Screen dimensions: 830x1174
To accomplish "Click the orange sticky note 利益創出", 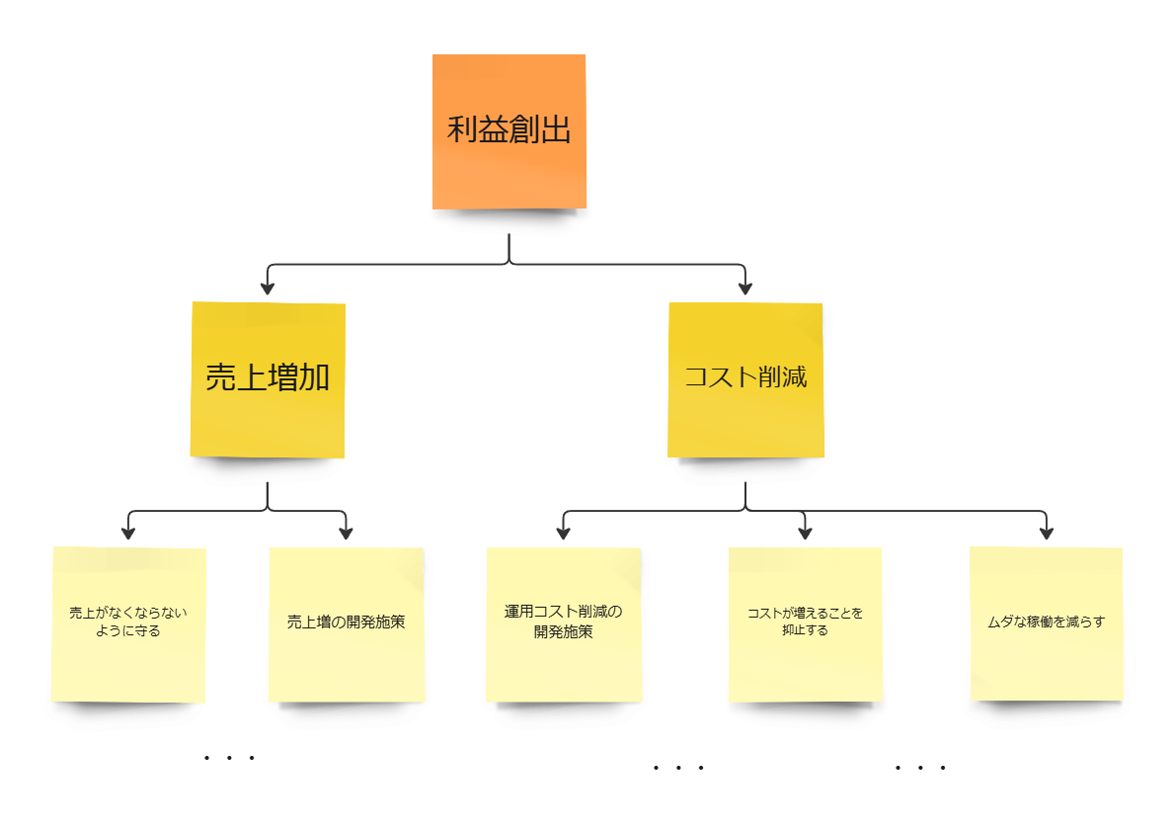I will tap(509, 168).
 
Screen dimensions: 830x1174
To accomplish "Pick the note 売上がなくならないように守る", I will tap(128, 662).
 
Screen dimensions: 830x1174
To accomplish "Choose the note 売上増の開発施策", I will tap(347, 662).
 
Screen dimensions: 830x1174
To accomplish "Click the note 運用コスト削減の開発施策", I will tap(564, 662).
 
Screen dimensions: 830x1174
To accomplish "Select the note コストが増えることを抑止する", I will tap(805, 662).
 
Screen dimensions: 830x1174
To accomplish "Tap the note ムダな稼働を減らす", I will tap(1046, 662).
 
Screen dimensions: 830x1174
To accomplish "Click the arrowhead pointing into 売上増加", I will tap(267, 289).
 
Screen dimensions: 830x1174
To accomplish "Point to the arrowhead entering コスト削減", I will tap(745, 289).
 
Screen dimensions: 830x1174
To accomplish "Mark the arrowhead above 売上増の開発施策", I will tap(346, 533).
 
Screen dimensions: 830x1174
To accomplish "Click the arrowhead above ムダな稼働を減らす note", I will tap(1047, 533).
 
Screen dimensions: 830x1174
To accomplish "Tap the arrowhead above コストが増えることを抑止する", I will tap(805, 533).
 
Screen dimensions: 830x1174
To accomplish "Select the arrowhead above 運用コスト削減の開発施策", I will tap(563, 533).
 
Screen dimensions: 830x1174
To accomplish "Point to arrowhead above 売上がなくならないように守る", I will tap(128, 533).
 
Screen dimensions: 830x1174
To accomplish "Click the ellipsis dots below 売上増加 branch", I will tap(229, 758).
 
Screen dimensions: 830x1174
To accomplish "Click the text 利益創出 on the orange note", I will tap(509, 129).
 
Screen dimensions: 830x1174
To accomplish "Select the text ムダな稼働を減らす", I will tap(1046, 622).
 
